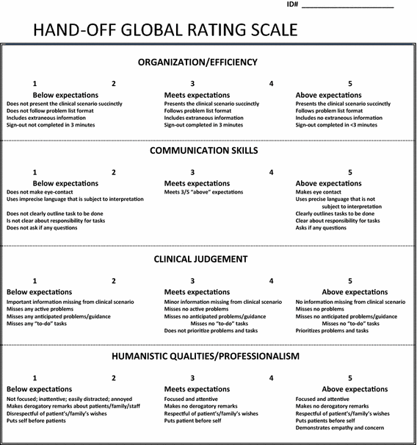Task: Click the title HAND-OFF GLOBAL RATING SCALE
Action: click(x=166, y=31)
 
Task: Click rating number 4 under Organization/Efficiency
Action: click(x=272, y=84)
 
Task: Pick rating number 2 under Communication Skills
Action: click(x=114, y=172)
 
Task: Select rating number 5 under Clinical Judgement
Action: click(x=350, y=280)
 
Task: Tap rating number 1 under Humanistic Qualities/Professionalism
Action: click(x=35, y=378)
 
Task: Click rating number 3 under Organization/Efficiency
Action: click(x=192, y=84)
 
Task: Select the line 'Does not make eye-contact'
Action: click(x=41, y=193)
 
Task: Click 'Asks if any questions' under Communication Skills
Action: click(x=321, y=228)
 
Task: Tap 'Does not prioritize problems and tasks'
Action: click(x=211, y=331)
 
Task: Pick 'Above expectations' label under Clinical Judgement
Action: click(x=355, y=292)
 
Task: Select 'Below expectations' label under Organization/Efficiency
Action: click(x=65, y=96)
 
